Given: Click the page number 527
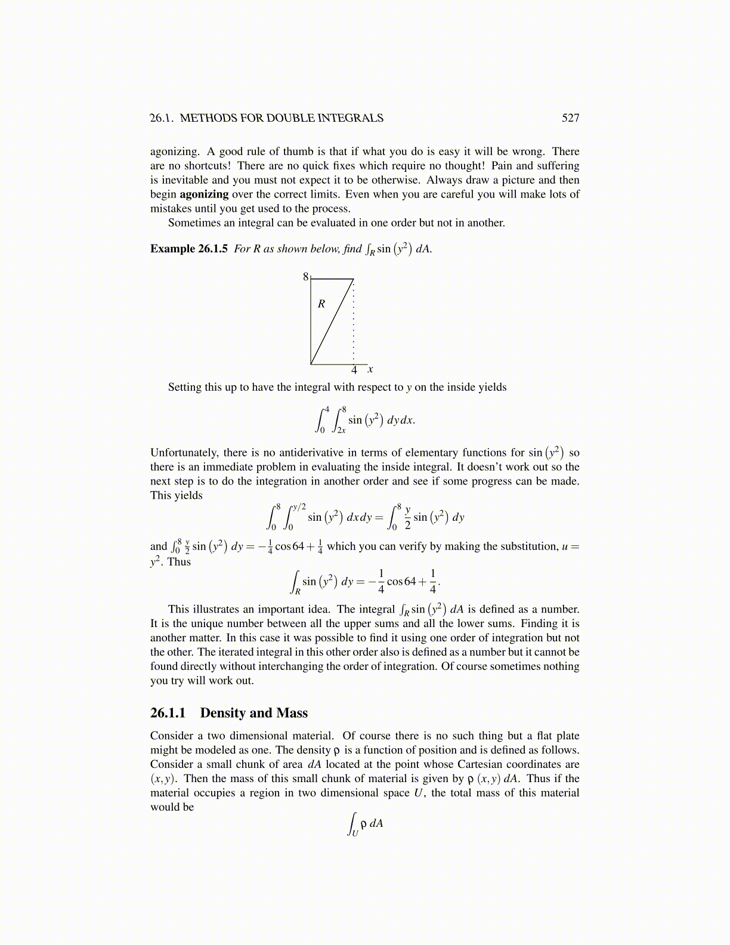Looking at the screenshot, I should point(570,118).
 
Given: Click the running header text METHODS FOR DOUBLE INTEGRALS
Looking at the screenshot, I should point(282,118).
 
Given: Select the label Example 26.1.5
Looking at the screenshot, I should point(188,249).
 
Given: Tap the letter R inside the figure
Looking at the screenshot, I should point(321,304).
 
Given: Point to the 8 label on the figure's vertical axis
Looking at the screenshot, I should point(305,277).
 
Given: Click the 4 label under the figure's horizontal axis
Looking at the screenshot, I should point(354,370).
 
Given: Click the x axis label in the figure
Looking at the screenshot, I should point(370,369).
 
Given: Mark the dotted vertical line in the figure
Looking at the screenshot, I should point(354,322).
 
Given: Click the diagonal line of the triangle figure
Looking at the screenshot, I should point(332,322).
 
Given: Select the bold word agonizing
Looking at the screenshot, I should point(204,194).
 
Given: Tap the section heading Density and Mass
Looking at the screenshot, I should point(254,713).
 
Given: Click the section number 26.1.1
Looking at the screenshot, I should point(168,713).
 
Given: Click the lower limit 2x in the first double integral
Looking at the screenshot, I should point(341,430).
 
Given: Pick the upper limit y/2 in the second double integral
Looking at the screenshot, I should point(299,507).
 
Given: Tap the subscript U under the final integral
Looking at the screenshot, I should point(355,833).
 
